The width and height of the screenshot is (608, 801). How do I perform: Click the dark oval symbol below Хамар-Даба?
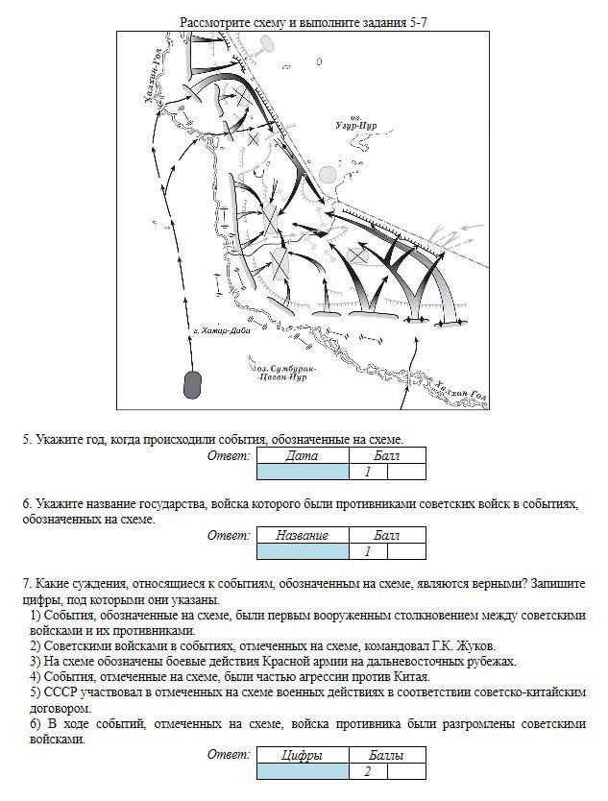192,384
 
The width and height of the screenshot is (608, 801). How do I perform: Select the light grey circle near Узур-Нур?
328,174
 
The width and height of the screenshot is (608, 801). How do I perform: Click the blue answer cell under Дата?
303,472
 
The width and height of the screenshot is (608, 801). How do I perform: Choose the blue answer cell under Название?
303,551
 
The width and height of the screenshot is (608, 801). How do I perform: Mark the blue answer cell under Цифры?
303,771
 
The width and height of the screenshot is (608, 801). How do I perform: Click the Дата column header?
303,456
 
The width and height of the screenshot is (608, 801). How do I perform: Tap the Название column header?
303,536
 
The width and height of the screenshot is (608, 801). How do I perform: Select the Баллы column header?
385,757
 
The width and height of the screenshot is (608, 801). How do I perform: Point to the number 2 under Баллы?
368,771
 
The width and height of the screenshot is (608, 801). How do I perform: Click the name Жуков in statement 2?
473,646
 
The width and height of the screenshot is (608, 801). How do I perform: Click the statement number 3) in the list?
36,662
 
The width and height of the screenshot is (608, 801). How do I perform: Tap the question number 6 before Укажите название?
28,504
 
